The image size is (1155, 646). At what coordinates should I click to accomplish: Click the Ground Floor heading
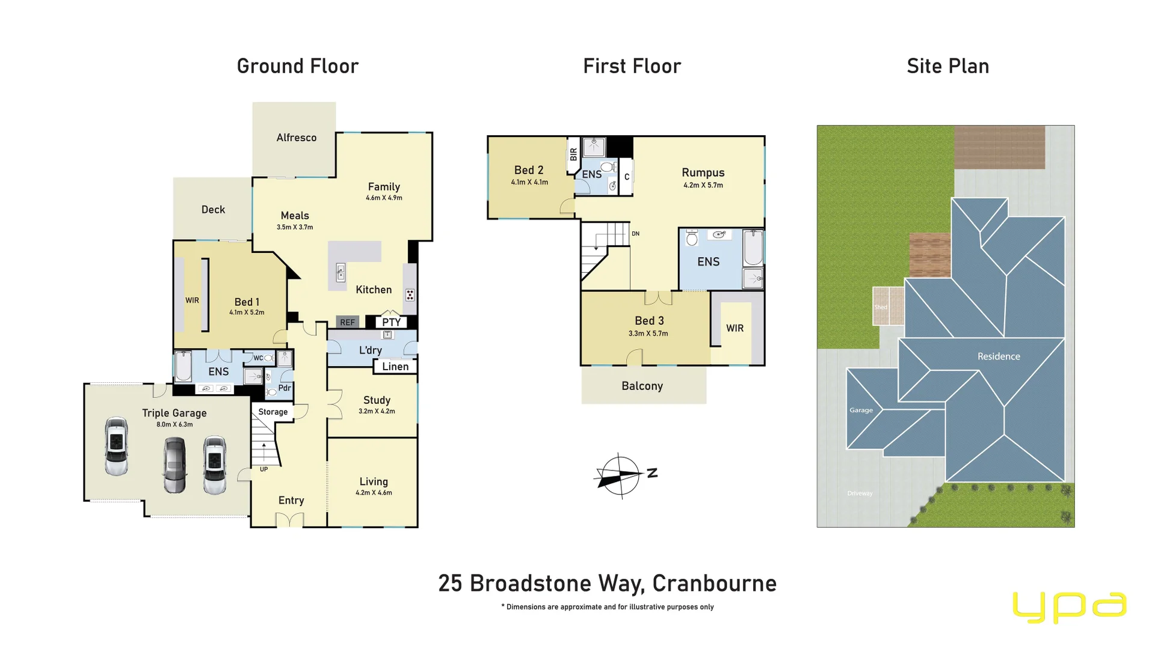(297, 66)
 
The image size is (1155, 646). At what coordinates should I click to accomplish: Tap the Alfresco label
(296, 138)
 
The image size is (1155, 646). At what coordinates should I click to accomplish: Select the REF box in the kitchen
(347, 322)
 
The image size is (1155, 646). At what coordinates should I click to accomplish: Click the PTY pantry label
(391, 322)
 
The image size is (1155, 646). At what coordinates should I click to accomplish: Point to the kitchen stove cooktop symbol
(410, 295)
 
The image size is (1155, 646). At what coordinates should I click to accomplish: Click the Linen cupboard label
(395, 367)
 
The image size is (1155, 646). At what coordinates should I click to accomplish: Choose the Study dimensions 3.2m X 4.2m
(377, 412)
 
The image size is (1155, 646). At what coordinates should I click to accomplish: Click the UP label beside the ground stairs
(263, 469)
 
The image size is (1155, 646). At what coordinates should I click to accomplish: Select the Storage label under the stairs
(273, 412)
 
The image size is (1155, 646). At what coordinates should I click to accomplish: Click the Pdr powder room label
(285, 388)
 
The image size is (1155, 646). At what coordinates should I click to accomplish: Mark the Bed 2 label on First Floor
(529, 170)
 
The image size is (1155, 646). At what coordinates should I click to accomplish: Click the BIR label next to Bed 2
(573, 154)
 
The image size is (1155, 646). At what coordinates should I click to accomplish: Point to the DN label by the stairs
(635, 234)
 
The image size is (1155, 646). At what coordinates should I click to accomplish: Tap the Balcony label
(642, 386)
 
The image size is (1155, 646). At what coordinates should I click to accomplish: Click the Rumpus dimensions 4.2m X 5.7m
(703, 185)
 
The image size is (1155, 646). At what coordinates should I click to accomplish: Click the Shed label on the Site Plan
(880, 307)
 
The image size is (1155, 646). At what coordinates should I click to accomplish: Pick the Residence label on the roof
(998, 356)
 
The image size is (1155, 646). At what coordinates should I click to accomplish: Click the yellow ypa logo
(1069, 606)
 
